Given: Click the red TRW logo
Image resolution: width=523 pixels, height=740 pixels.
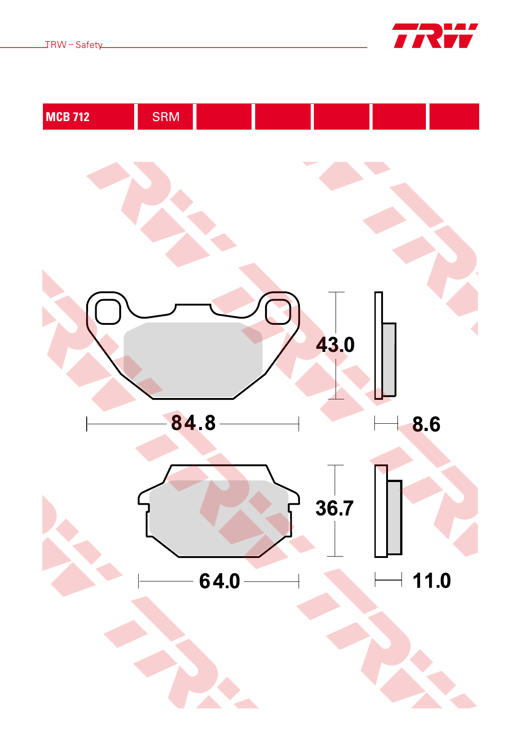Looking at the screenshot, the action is [435, 36].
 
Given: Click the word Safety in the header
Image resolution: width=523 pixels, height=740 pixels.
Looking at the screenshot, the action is [89, 45].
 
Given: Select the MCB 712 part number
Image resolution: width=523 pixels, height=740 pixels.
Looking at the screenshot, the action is [68, 117].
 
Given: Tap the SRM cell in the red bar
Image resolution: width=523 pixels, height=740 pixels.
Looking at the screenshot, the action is [165, 117].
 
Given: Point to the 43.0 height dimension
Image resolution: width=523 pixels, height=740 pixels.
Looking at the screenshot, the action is [335, 345].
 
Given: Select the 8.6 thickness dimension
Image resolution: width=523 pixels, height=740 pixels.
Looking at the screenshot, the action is [426, 424].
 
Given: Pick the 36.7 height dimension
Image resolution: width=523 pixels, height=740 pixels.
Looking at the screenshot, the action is [335, 508].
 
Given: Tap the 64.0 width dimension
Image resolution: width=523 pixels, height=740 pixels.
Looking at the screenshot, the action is [219, 581].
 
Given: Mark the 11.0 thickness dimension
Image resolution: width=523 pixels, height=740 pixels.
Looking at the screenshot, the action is [431, 581].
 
